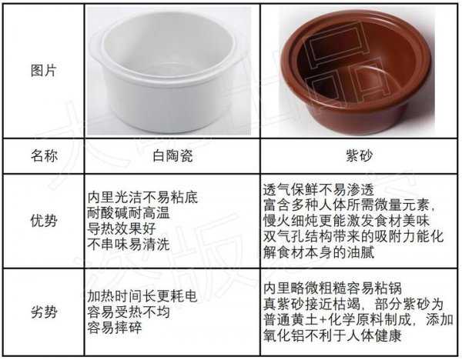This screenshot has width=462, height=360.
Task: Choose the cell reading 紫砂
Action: (359, 155)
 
